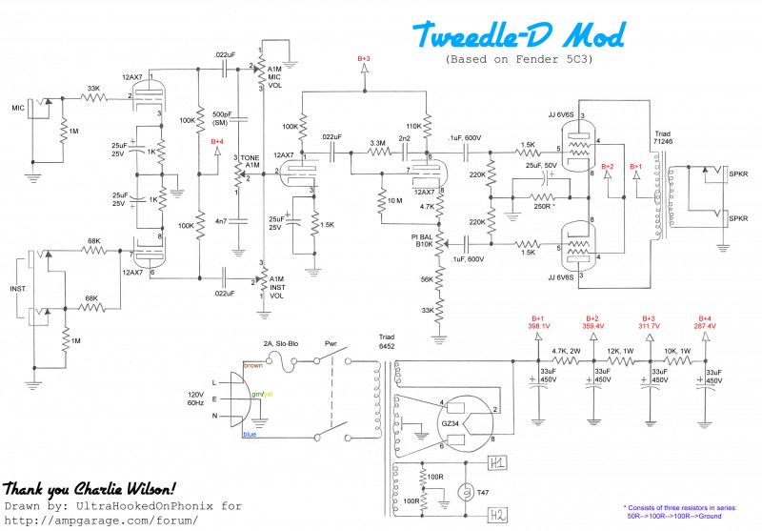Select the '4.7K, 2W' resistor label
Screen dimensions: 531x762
[x=569, y=350]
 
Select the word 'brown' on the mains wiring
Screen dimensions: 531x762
[x=252, y=365]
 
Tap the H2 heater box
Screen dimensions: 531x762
[x=497, y=515]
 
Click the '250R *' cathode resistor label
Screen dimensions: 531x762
[x=545, y=206]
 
